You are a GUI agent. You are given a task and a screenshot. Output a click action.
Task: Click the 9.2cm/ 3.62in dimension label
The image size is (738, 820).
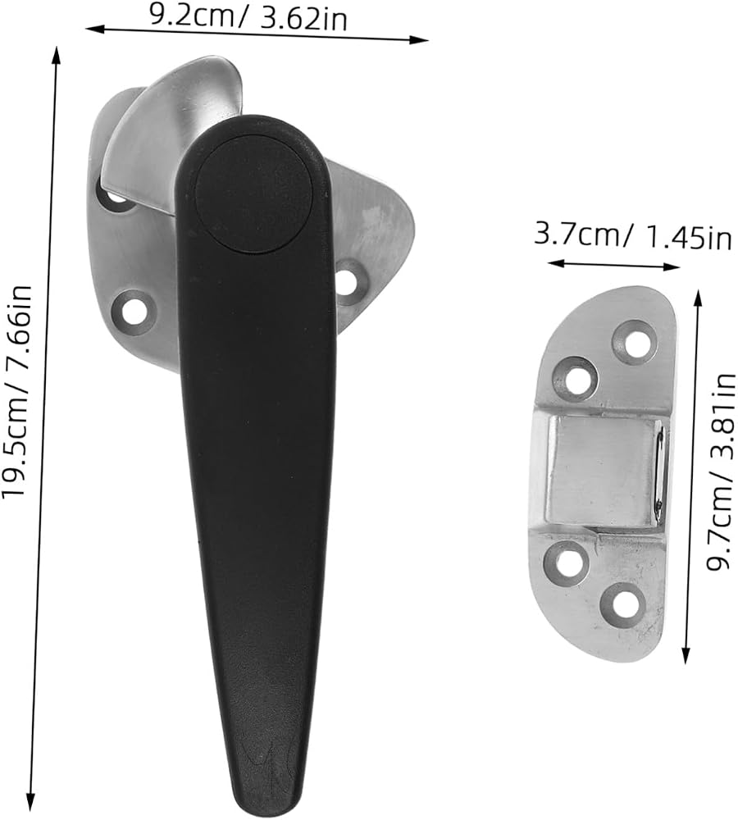[x=248, y=18]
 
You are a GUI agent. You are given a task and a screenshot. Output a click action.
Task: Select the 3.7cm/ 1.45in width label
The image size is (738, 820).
[x=633, y=236]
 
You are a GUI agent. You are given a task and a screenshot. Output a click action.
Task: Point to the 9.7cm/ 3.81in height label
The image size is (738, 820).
[x=722, y=472]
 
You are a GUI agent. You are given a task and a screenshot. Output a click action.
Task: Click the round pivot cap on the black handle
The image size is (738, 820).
[x=255, y=193]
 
